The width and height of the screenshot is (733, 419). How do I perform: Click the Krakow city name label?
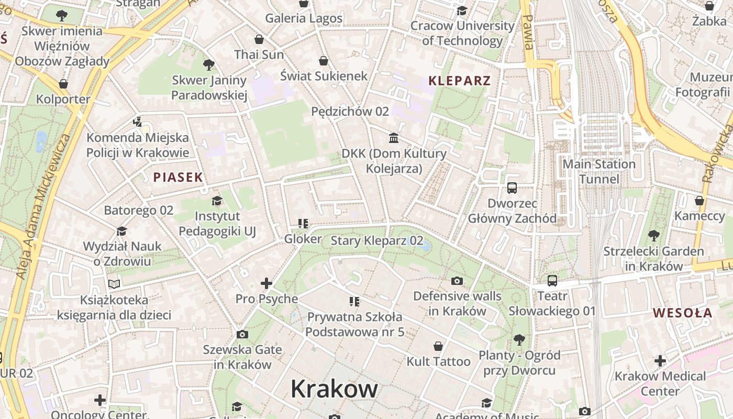[x=334, y=389]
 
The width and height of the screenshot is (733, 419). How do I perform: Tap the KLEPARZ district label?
[x=460, y=81]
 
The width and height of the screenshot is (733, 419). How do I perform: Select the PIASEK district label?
[x=178, y=178]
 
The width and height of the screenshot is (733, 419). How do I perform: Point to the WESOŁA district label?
[x=682, y=313]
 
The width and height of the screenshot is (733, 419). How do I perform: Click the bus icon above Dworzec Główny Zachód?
[x=512, y=188]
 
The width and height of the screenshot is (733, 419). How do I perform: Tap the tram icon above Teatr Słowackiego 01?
[x=552, y=281]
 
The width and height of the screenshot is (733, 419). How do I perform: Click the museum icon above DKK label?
[x=394, y=138]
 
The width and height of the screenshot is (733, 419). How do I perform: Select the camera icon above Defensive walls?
[x=457, y=281]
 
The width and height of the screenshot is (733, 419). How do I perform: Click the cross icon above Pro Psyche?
[x=266, y=283]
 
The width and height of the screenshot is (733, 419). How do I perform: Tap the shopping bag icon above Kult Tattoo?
[x=438, y=346]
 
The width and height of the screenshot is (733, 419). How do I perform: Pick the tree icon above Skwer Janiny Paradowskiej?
[x=208, y=65]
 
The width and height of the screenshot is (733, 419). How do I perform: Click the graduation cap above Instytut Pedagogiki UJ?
[x=217, y=201]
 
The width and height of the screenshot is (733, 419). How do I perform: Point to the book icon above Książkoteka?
[x=114, y=284]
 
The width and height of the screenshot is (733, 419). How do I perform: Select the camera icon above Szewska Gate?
[x=242, y=334]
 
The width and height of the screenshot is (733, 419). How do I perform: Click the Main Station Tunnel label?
[x=598, y=172]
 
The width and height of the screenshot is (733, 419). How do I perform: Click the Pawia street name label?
[x=528, y=31]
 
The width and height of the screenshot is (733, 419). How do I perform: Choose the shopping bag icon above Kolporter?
[x=63, y=84]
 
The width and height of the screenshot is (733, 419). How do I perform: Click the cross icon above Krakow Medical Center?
[x=660, y=361]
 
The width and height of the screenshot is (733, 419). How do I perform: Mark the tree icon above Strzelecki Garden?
[x=653, y=236]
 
